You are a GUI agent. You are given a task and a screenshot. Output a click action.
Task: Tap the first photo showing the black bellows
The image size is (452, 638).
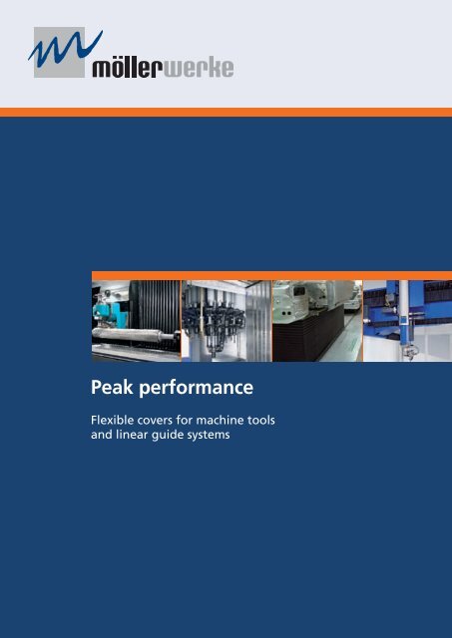135,320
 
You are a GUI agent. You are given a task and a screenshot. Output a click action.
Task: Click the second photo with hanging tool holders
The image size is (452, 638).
226,320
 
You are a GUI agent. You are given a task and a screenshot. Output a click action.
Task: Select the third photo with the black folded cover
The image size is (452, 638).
315,320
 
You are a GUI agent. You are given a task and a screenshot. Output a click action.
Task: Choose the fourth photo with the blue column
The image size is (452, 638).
404,320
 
